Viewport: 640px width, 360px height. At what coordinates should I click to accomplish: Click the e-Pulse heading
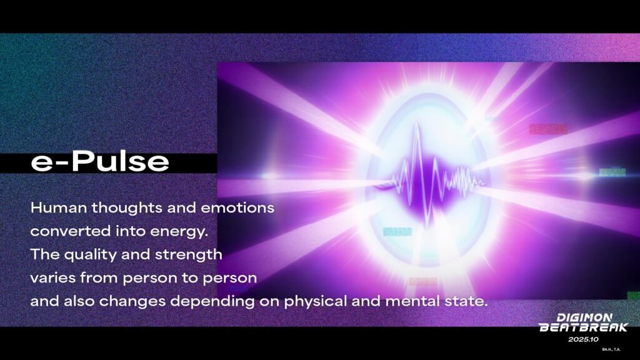(x=100, y=161)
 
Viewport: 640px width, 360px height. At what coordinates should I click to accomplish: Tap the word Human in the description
(x=59, y=207)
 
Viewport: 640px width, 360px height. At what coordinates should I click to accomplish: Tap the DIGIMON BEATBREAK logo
(x=583, y=322)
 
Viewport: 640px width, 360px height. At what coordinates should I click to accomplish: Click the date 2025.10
(x=583, y=339)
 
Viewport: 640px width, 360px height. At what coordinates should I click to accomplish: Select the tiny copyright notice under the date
(x=611, y=349)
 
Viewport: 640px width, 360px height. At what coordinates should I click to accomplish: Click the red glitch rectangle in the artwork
(x=547, y=129)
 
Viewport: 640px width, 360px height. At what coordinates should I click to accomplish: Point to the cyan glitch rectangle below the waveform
(x=397, y=232)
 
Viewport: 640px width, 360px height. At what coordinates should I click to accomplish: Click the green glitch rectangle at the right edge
(x=612, y=172)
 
